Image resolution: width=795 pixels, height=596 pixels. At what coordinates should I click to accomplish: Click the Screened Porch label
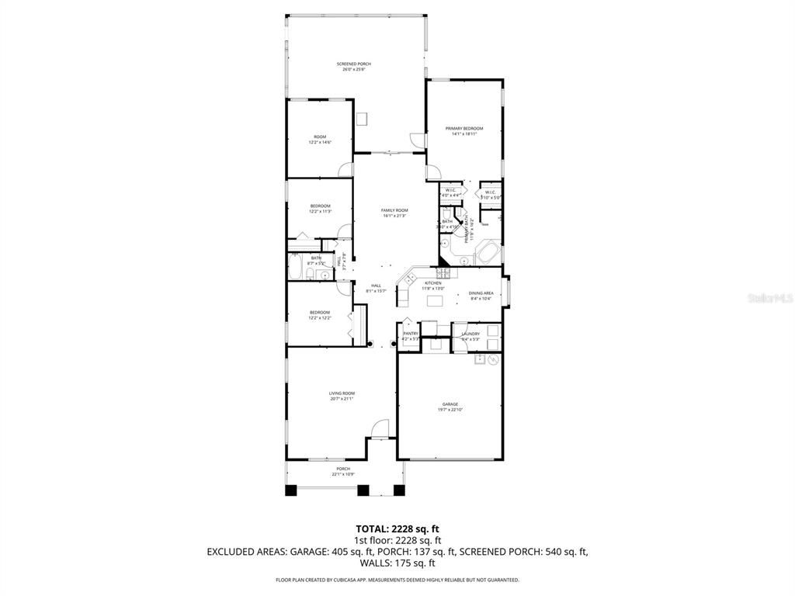pos(353,64)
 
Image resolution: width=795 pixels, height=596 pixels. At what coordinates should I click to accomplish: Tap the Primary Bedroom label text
pos(463,128)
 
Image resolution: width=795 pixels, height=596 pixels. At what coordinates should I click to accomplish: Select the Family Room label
pos(394,210)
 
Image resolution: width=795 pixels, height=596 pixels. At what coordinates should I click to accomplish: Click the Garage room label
pos(450,404)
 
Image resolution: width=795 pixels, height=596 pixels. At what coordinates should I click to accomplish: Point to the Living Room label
pos(342,393)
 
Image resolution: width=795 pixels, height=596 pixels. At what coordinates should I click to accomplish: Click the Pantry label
pos(410,334)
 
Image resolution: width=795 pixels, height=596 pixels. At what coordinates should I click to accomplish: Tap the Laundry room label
pos(470,334)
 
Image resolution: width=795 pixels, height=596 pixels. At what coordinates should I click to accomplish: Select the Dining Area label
pos(481,293)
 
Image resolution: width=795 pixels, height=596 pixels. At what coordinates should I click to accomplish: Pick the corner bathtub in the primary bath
pos(488,252)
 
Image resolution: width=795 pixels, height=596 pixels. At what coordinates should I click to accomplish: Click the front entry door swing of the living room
pos(379,428)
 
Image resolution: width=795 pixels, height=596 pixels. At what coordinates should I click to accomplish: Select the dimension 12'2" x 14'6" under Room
pos(320,142)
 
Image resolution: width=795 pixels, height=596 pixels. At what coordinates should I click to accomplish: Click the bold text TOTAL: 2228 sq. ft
pos(397,528)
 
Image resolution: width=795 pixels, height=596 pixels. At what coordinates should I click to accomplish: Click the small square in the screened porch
pos(362,118)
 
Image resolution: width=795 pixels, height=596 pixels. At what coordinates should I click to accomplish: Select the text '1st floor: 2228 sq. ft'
pos(397,540)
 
